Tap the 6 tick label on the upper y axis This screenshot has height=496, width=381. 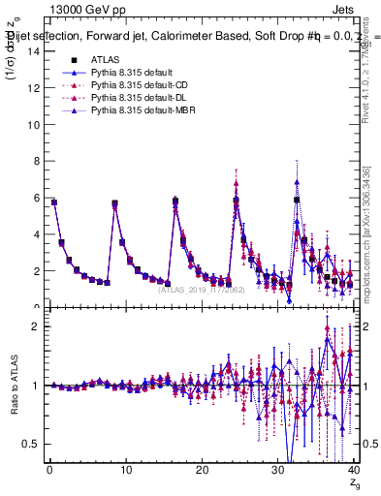point(36,198)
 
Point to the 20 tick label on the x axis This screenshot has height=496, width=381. point(202,472)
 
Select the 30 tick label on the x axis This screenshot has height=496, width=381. point(277,472)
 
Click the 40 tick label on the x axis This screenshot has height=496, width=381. point(354,472)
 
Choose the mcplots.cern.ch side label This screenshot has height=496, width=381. point(370,263)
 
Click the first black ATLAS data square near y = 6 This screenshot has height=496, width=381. point(54,202)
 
